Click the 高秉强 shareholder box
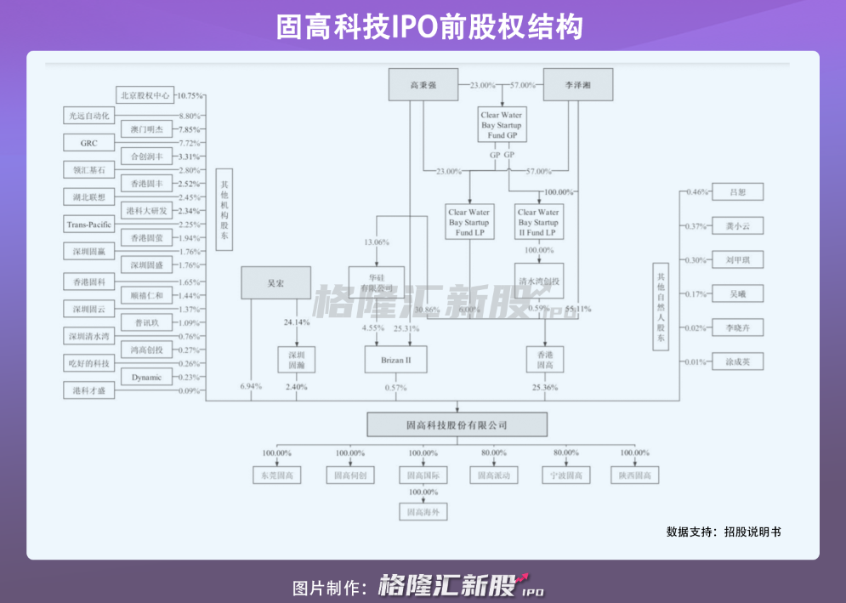click(x=423, y=85)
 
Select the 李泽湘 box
click(x=577, y=85)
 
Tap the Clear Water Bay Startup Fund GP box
click(x=501, y=125)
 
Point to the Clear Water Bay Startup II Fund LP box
click(x=538, y=222)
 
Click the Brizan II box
click(x=390, y=361)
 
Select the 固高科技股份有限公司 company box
click(x=457, y=424)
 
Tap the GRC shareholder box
click(x=89, y=143)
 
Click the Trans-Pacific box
click(x=89, y=225)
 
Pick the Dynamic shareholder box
click(x=145, y=377)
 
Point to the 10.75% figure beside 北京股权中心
click(x=190, y=96)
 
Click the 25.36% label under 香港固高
click(x=545, y=388)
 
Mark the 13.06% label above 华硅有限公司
click(x=376, y=242)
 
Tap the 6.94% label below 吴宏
click(x=251, y=387)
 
